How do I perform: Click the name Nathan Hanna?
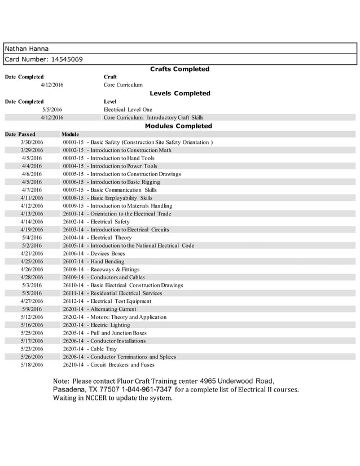(x=27, y=49)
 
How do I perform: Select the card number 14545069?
(x=64, y=59)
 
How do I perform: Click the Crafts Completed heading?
(x=179, y=69)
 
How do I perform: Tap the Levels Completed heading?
(x=179, y=94)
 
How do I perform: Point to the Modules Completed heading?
(x=178, y=126)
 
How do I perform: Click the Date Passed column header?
(x=20, y=134)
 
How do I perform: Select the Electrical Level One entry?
(x=128, y=109)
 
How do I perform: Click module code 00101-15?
(x=73, y=143)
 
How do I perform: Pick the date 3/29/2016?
(x=32, y=151)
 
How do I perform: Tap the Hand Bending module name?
(x=107, y=262)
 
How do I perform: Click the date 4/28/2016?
(x=32, y=278)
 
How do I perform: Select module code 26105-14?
(x=73, y=246)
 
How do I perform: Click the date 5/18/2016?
(x=32, y=365)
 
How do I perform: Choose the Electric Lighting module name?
(x=110, y=326)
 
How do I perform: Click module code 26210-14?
(x=73, y=365)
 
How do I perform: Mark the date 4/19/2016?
(x=32, y=230)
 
